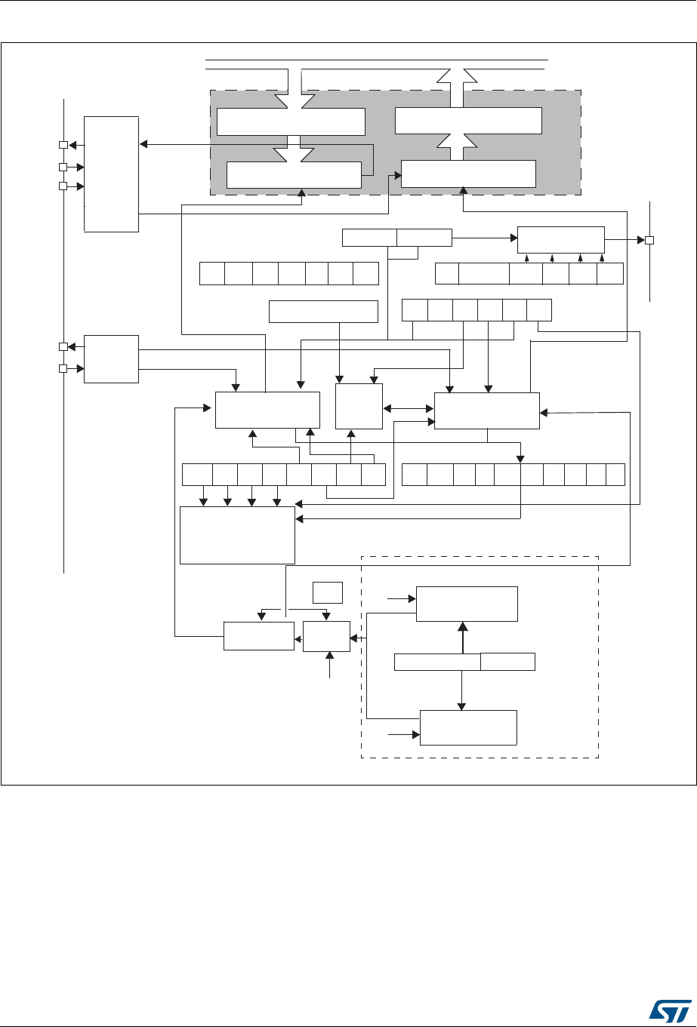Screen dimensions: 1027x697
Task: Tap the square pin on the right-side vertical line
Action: click(648, 240)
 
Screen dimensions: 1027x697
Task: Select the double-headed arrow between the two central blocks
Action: click(409, 410)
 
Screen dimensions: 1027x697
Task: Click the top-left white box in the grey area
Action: click(291, 121)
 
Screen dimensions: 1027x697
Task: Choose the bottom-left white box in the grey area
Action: click(293, 174)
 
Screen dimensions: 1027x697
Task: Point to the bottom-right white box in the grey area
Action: click(468, 174)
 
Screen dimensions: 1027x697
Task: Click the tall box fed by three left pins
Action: click(112, 174)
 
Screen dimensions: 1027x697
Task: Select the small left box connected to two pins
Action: click(112, 358)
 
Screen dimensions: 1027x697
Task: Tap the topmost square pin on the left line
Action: click(64, 145)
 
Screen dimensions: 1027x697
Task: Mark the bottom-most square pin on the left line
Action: click(64, 368)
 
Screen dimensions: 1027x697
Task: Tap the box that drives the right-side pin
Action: click(560, 240)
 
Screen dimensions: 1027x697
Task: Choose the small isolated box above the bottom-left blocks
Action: click(328, 592)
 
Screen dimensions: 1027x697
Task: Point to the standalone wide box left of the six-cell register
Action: click(323, 312)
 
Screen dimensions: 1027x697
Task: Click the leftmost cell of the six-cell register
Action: click(415, 309)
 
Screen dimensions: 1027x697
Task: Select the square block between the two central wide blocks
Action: click(359, 406)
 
